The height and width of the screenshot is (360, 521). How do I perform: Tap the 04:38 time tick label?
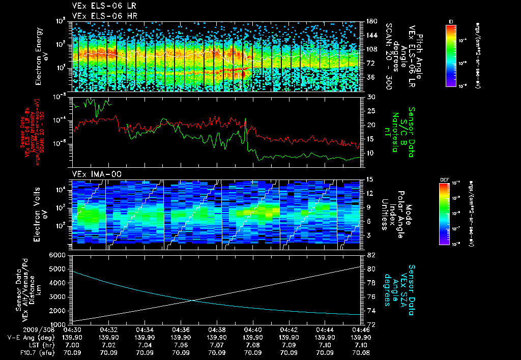point(217,329)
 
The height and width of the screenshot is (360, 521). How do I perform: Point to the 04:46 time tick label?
point(361,329)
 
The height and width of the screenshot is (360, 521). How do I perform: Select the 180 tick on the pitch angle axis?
point(371,21)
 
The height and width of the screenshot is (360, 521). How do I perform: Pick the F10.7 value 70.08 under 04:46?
point(361,352)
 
